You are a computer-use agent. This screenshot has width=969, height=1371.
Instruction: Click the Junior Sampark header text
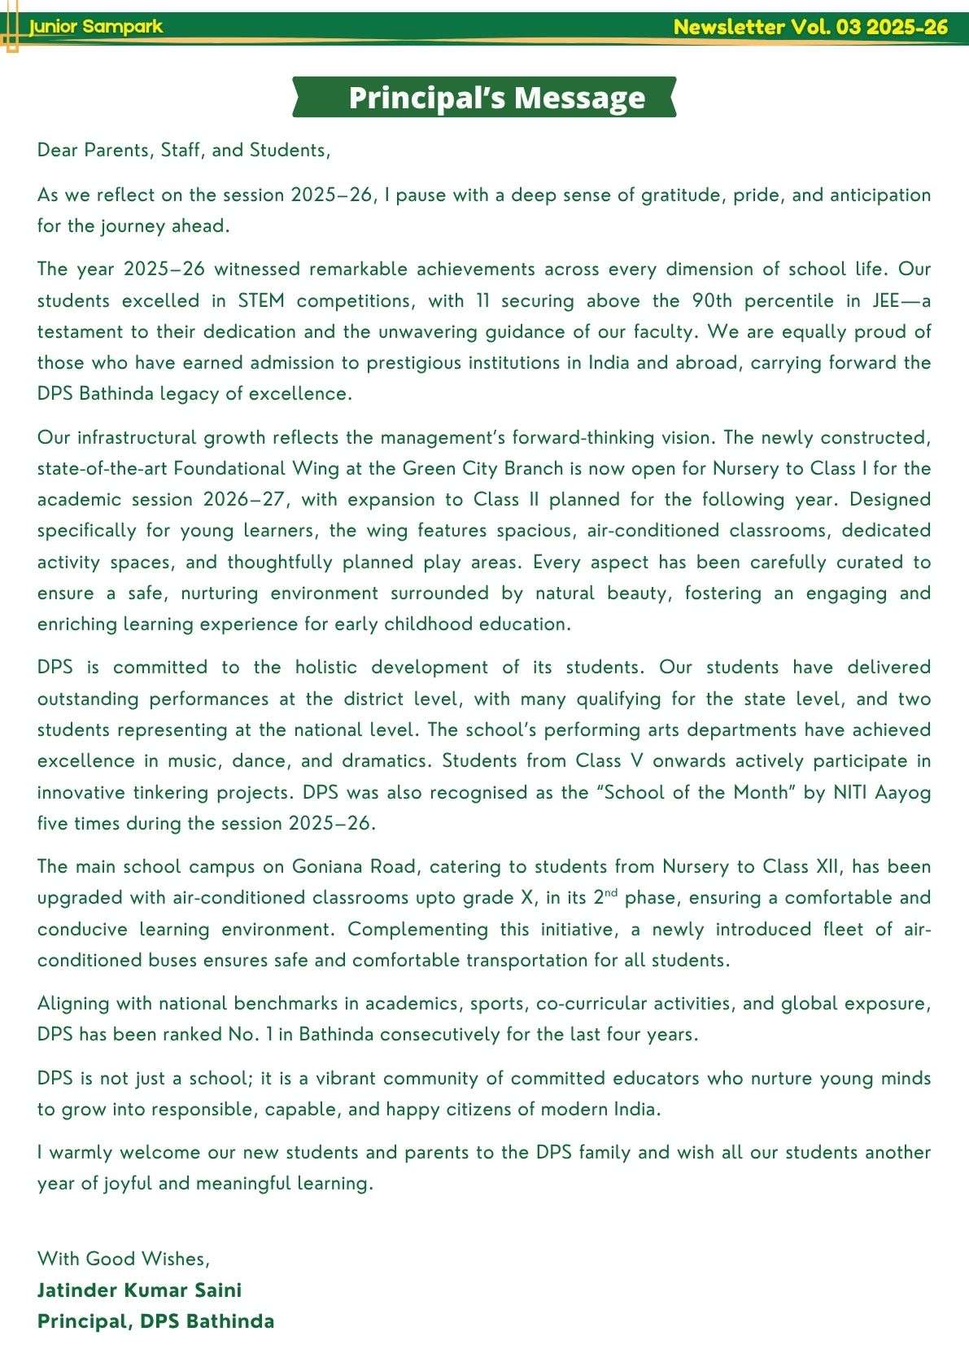[96, 27]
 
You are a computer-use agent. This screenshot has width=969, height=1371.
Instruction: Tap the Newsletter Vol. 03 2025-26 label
[810, 27]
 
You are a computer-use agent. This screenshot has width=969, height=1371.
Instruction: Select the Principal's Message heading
[496, 98]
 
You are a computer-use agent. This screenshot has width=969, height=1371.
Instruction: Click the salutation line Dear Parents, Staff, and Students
[184, 150]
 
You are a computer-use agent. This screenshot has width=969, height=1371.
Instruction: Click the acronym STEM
[261, 300]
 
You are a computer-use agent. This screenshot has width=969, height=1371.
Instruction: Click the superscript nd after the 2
[612, 893]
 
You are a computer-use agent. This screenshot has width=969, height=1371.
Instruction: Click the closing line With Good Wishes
[124, 1259]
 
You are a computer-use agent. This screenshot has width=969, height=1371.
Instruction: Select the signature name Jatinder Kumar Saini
[139, 1290]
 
